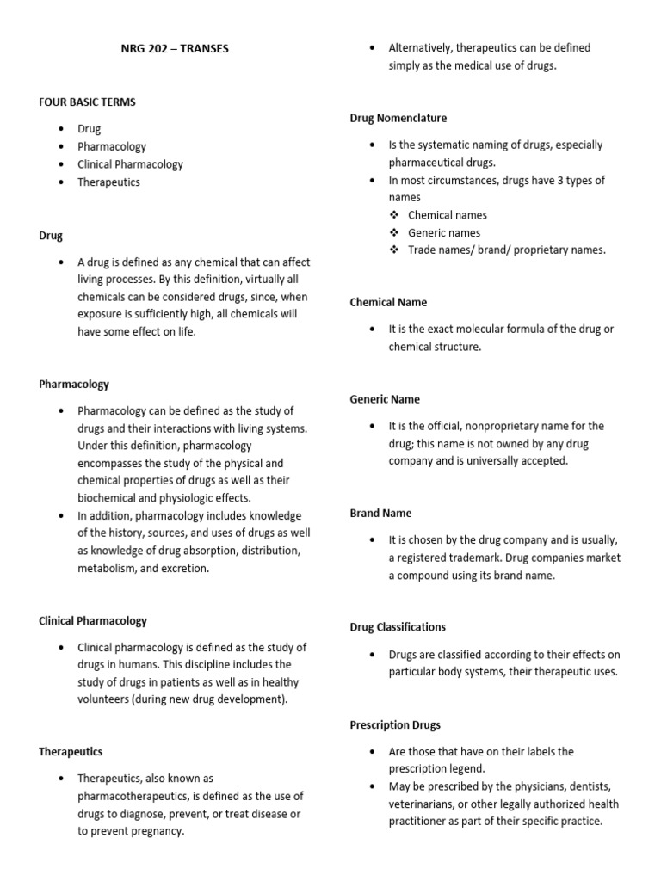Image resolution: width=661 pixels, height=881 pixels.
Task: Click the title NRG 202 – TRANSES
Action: pyautogui.click(x=175, y=48)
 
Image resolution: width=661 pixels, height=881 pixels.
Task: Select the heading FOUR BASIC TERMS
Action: pyautogui.click(x=87, y=102)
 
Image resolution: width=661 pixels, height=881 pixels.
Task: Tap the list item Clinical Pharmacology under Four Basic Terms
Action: pyautogui.click(x=130, y=164)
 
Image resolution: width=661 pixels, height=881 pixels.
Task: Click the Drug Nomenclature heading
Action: pyautogui.click(x=398, y=118)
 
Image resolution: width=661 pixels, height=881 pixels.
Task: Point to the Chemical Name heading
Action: pyautogui.click(x=388, y=302)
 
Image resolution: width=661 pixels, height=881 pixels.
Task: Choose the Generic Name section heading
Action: pyautogui.click(x=384, y=399)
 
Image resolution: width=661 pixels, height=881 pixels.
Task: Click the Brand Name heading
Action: pyautogui.click(x=380, y=513)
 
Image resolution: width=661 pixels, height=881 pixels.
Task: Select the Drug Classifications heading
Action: pyautogui.click(x=398, y=627)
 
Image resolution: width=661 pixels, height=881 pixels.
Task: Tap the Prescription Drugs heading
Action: pyautogui.click(x=395, y=725)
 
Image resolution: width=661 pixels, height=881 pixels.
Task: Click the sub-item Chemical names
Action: pyautogui.click(x=447, y=215)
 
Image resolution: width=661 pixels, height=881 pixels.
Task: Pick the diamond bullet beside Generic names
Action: pyautogui.click(x=394, y=233)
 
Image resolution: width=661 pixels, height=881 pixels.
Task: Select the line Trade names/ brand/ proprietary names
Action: pyautogui.click(x=506, y=250)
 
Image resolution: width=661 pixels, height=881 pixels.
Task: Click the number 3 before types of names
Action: pyautogui.click(x=559, y=180)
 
